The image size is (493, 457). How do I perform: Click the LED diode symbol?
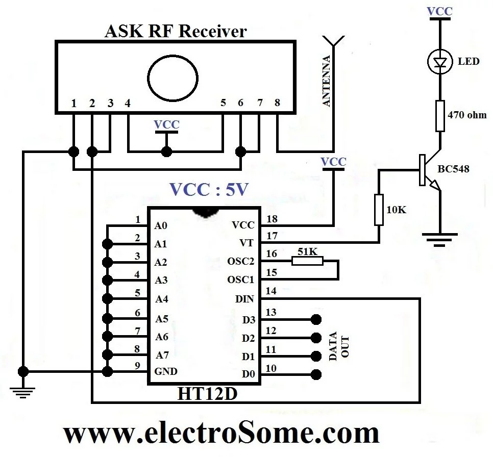tap(439, 62)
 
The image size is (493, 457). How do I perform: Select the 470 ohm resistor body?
tap(439, 116)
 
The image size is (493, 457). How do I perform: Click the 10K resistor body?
tap(379, 209)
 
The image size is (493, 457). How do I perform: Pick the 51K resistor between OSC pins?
tap(307, 261)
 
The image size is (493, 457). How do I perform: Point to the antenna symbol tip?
tap(332, 40)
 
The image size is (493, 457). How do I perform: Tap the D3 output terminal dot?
tap(316, 319)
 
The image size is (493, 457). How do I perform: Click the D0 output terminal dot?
tap(316, 374)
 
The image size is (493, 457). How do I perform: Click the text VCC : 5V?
tap(209, 190)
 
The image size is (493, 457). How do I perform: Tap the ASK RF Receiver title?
tap(175, 32)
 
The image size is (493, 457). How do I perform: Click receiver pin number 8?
tap(277, 103)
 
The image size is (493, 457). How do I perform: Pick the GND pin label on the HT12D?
tap(166, 371)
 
